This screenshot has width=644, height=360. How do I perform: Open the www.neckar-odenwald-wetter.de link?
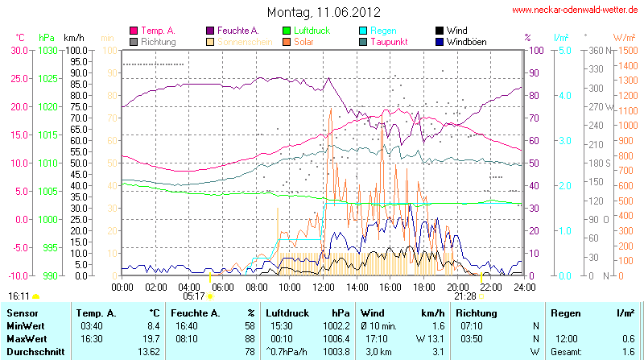click(575, 10)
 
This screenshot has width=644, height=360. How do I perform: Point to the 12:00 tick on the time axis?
click(324, 287)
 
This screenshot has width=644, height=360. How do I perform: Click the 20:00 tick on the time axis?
click(458, 287)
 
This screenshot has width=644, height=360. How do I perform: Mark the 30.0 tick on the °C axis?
click(18, 50)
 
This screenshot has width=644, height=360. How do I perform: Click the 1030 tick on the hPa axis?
click(47, 50)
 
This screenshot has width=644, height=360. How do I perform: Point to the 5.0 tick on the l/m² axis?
click(564, 50)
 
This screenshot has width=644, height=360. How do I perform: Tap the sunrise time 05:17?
click(195, 296)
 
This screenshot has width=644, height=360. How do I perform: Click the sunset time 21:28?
click(465, 296)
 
